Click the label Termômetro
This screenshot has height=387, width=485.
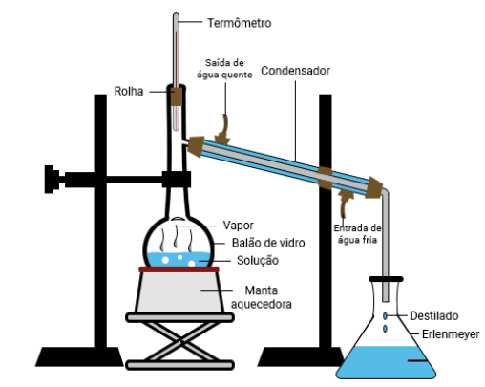point(240,23)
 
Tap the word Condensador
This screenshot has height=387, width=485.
point(295,71)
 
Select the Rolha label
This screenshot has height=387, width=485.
point(129,92)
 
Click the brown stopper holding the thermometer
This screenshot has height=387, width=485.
point(176,96)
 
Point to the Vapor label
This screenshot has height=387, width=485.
point(238,226)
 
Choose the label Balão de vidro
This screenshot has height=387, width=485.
point(268,243)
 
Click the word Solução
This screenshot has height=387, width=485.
point(258,260)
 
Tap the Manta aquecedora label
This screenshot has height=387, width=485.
point(262,297)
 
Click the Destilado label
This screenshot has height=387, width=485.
point(434,315)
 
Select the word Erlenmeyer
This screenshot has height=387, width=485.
point(451,334)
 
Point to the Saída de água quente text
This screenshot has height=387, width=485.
point(224,69)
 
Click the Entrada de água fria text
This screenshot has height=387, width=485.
point(357,233)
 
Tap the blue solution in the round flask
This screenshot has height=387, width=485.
point(179,259)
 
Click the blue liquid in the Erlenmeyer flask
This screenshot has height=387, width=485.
point(386,362)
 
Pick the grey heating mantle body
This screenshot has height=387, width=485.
point(179,292)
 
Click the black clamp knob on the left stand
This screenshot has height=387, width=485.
point(52,180)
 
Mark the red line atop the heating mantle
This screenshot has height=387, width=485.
point(179,269)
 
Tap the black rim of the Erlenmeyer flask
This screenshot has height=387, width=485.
point(386,279)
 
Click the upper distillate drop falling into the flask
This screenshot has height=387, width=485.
point(385,316)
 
